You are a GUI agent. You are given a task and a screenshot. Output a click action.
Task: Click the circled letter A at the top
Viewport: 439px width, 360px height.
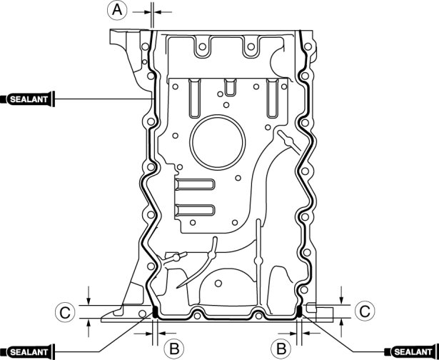[117, 10]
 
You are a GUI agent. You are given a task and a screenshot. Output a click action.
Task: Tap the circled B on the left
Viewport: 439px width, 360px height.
[174, 349]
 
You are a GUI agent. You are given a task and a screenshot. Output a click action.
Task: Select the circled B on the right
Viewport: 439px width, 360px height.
[281, 349]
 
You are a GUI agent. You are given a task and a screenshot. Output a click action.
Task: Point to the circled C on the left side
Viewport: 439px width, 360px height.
[65, 312]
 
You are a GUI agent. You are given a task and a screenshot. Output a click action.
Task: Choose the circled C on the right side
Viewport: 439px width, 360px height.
[365, 311]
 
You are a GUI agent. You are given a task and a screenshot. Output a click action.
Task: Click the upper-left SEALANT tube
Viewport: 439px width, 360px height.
[27, 99]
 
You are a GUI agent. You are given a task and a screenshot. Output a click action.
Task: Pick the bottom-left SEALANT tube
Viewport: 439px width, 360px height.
[27, 351]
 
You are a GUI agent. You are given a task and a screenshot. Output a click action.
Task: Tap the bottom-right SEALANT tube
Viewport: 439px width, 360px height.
[412, 351]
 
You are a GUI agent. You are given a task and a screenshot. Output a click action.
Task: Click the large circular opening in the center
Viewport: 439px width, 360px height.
[217, 142]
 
